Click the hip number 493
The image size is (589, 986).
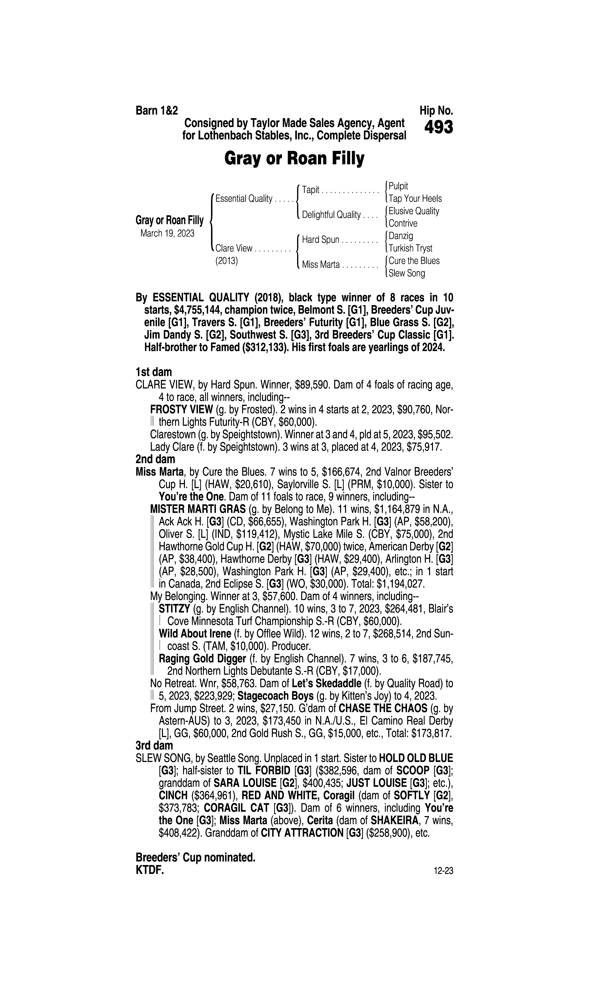pos(438,128)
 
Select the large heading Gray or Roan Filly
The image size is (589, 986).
pos(294,159)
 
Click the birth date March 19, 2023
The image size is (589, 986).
pos(167,233)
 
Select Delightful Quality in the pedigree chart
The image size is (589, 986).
pos(331,215)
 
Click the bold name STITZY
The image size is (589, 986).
pos(174,609)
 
